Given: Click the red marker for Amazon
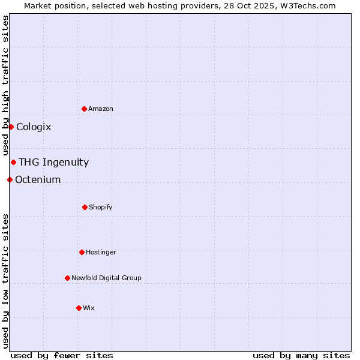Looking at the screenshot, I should point(84,109).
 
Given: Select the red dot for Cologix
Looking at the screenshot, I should point(11,127).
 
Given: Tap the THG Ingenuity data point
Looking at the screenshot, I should point(13,162).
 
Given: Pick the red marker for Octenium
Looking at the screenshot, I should point(10,179).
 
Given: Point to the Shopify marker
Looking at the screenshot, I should point(85,207).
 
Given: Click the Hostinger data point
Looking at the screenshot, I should point(82,252).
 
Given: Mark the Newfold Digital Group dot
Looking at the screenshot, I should point(67,278).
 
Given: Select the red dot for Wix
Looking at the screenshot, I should point(79,308).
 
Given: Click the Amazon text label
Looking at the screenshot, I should point(101,109).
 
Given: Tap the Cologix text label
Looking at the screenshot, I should point(34,127).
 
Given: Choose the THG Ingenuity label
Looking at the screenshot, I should point(53,162).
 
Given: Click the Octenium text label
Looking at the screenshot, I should point(38,179).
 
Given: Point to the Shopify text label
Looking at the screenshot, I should point(101,207).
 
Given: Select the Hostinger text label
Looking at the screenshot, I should point(101,252).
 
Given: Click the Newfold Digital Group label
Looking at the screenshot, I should point(106,278).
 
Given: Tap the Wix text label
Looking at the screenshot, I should point(89,308).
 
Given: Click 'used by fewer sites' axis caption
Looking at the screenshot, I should point(62,355).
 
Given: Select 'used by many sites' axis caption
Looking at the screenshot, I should point(301,355).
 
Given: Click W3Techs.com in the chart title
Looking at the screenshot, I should point(306,5).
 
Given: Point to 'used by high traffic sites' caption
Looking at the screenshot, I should point(5,85).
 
